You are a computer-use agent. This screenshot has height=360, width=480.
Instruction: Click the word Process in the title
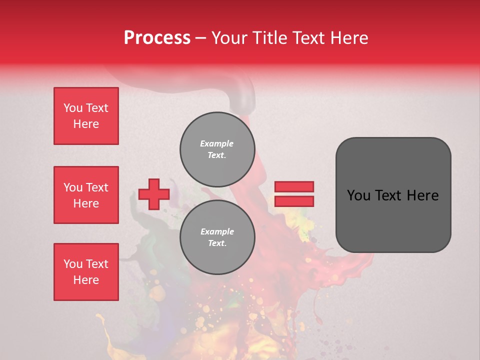(x=157, y=38)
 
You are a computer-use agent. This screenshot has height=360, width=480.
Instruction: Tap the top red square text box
(x=86, y=116)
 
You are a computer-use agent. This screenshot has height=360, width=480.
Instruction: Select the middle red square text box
(x=86, y=195)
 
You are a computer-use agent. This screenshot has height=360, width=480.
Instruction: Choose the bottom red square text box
(x=86, y=272)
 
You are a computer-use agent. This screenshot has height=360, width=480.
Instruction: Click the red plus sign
(x=154, y=194)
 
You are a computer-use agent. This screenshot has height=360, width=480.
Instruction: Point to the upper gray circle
(x=217, y=149)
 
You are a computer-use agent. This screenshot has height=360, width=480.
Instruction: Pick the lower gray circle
(x=217, y=237)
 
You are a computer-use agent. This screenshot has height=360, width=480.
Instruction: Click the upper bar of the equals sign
(x=294, y=187)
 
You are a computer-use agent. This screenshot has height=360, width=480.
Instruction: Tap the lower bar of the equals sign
(x=294, y=201)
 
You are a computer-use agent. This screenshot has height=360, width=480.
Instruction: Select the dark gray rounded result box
(x=393, y=195)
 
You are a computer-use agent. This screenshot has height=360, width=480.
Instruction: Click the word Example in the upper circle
(x=216, y=143)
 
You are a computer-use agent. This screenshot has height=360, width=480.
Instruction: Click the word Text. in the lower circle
(x=217, y=243)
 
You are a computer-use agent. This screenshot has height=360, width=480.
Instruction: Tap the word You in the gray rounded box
(x=358, y=195)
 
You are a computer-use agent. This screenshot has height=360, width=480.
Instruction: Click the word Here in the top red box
(x=86, y=124)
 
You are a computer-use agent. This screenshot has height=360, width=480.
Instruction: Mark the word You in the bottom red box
(x=73, y=264)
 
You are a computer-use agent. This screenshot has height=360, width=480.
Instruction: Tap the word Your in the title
(x=229, y=38)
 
